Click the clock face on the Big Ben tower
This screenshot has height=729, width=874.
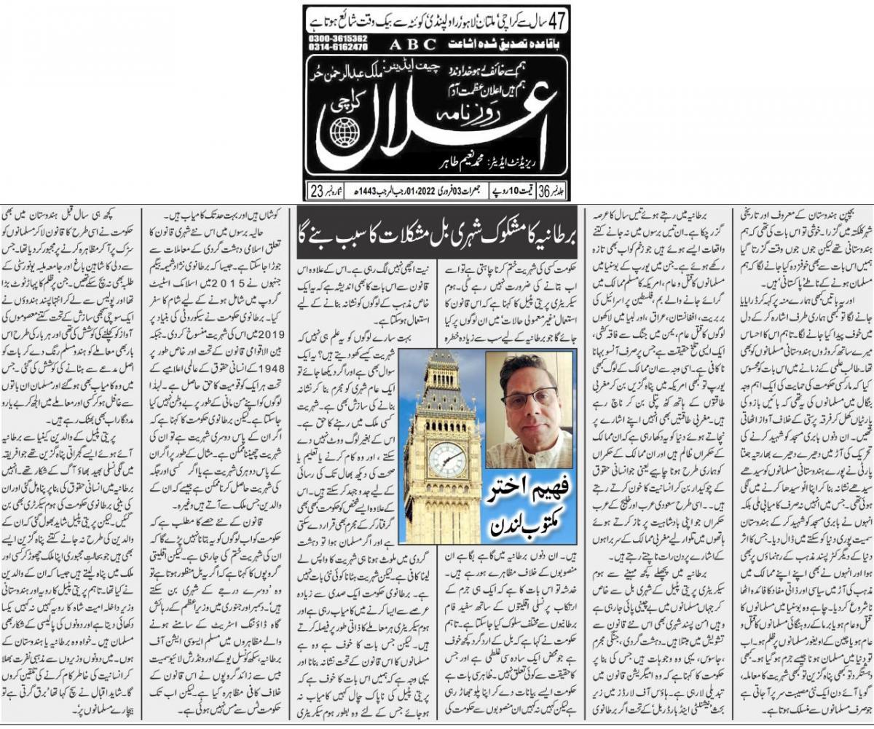(446, 460)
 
